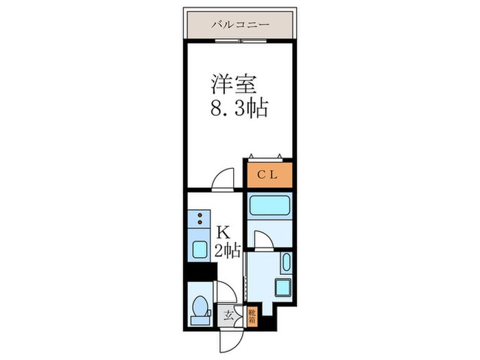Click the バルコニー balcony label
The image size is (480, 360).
(x=239, y=25)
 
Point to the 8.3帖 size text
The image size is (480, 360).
(x=239, y=108)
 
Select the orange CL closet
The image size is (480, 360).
(x=268, y=174)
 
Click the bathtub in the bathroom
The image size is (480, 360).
(x=268, y=206)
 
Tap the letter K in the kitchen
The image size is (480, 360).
(x=223, y=232)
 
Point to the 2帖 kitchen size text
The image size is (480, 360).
(x=226, y=251)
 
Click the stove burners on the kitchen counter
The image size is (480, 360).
(x=200, y=219)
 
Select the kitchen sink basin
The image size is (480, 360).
(x=200, y=249)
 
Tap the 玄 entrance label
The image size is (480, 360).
(x=227, y=316)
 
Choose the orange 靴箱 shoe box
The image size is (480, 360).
(x=252, y=315)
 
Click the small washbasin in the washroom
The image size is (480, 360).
(x=285, y=263)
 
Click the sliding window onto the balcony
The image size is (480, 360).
(x=239, y=40)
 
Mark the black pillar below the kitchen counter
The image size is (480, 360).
(x=200, y=271)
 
